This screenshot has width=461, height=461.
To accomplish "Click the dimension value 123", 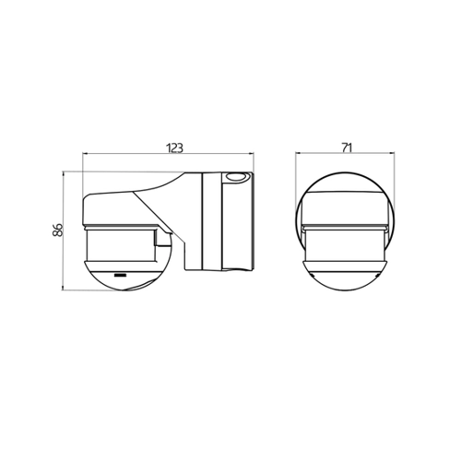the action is click(174, 148).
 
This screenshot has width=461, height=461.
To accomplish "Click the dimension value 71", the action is click(346, 148).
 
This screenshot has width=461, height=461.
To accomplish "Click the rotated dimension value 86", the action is click(58, 230).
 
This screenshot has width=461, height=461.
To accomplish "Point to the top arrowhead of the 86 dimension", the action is click(63, 174).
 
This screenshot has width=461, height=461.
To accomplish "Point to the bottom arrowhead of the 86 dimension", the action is click(63, 288).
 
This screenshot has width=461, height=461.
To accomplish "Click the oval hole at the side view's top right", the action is click(235, 177).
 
